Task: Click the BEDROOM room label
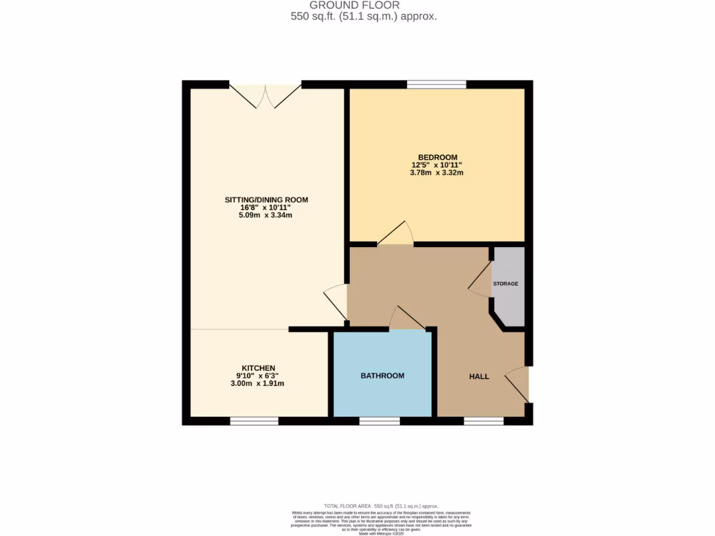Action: [437, 156]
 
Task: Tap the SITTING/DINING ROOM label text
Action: [266, 200]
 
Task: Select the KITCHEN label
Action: [258, 368]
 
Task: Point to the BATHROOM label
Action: [382, 375]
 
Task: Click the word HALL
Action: [479, 376]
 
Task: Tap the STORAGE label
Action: [506, 284]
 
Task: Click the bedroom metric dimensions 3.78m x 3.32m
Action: [437, 172]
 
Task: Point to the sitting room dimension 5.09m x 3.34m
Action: [265, 215]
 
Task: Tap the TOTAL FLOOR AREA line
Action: [381, 505]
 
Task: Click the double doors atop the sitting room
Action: [265, 96]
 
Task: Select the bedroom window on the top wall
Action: [437, 84]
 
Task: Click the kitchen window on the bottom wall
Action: [254, 421]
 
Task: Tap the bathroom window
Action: [380, 421]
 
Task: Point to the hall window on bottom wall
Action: [483, 421]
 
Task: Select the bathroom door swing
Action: [406, 318]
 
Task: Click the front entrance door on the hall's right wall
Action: [517, 384]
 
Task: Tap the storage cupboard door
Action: [481, 281]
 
